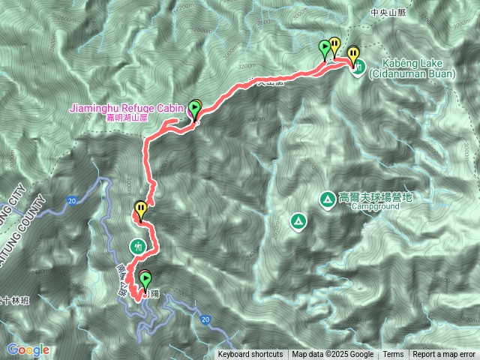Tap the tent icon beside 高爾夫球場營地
328,199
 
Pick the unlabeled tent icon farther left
298,221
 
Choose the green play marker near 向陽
144,280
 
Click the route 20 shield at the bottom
205,319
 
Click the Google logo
28,349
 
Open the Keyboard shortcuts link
250,355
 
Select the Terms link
393,355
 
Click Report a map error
444,355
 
